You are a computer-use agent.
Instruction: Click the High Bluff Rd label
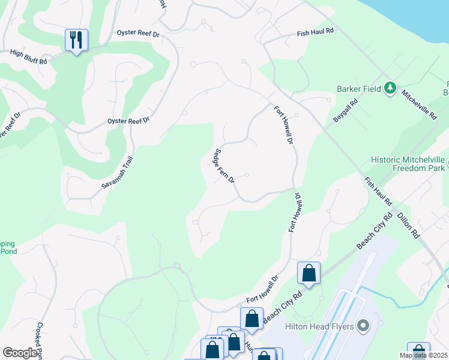28,53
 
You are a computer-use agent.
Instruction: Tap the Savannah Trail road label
116,174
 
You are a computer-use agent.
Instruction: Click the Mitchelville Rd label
419,104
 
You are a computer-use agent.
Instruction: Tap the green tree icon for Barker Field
390,89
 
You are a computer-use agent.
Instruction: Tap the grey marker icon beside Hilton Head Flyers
363,326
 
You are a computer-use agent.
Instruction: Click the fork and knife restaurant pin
76,40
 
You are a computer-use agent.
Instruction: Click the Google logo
20,353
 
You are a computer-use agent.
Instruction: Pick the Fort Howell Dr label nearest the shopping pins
263,289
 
